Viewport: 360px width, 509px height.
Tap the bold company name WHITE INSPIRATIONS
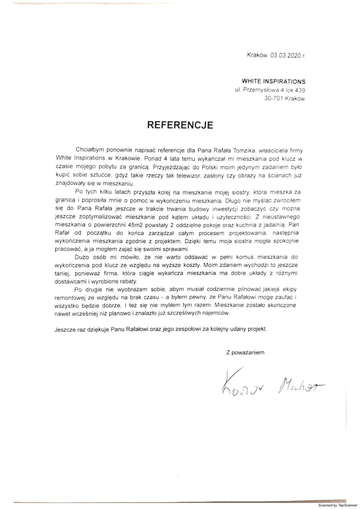(x=273, y=81)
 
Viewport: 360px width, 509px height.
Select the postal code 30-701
(x=273, y=98)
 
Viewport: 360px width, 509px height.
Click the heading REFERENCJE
(x=180, y=125)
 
